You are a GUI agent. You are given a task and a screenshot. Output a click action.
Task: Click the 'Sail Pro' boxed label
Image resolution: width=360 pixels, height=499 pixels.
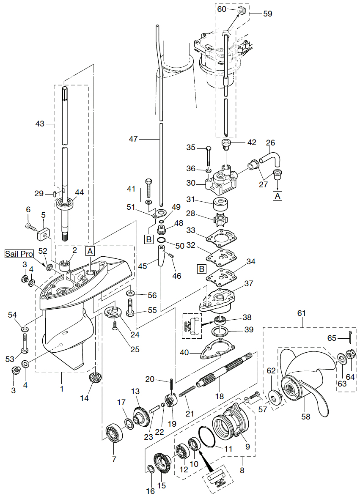coord(19,254)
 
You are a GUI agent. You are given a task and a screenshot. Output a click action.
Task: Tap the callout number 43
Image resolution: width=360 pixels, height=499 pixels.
coord(40,124)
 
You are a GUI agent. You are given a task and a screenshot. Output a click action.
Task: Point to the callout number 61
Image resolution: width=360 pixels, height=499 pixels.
coord(301,313)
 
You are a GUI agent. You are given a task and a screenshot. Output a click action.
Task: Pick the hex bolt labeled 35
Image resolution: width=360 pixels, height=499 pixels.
coord(209,157)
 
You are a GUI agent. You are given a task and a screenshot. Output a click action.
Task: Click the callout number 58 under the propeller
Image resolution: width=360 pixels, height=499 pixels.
coord(305,417)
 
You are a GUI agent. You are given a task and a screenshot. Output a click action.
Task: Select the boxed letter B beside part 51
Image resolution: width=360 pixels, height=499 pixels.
coord(148,240)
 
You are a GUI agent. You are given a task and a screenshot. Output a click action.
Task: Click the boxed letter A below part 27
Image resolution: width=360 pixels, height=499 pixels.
coord(278,196)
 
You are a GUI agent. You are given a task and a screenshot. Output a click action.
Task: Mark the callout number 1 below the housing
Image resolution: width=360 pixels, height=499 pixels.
coord(62,388)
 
